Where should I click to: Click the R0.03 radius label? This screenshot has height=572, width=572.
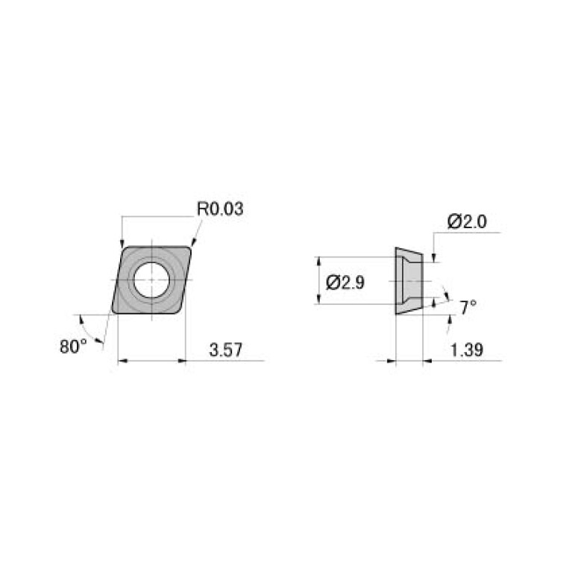pyautogui.click(x=220, y=210)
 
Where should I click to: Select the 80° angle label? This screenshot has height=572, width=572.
pyautogui.click(x=73, y=346)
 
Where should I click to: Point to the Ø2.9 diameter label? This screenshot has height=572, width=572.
pyautogui.click(x=345, y=283)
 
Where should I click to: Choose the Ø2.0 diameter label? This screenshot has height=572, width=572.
pyautogui.click(x=467, y=221)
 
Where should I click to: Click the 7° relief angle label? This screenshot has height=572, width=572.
pyautogui.click(x=468, y=307)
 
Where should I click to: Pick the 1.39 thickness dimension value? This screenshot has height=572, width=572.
pyautogui.click(x=466, y=350)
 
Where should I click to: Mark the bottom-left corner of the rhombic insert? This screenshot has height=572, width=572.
pyautogui.click(x=112, y=312)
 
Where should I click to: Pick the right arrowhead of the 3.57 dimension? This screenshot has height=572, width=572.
pyautogui.click(x=180, y=362)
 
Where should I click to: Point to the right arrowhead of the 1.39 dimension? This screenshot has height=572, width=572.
pyautogui.click(x=427, y=362)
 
